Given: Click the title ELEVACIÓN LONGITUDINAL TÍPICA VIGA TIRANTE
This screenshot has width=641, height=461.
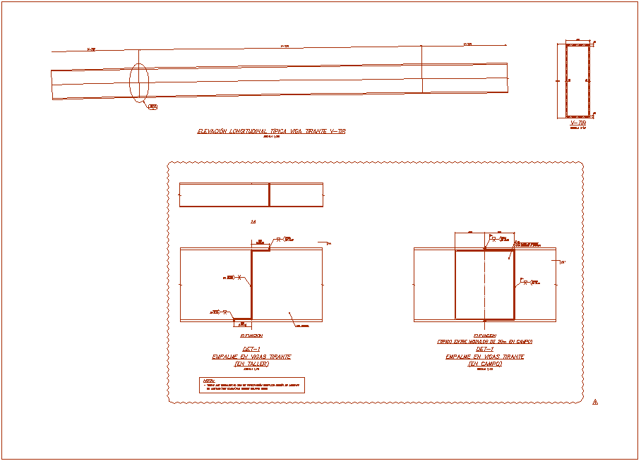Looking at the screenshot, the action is (x=271, y=131).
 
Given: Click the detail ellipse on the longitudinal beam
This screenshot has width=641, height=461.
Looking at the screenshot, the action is (x=139, y=82).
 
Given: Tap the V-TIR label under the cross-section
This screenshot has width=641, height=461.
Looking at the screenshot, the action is (x=578, y=123).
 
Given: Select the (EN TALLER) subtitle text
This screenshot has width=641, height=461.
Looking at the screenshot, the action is (x=251, y=364).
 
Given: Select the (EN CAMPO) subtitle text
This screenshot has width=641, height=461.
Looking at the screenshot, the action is (x=485, y=364).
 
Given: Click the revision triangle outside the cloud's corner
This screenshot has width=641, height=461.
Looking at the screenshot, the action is (x=595, y=402).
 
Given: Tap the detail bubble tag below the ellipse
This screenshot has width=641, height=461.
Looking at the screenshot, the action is (x=152, y=107).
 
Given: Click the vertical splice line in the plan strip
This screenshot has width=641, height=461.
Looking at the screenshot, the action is (x=269, y=195).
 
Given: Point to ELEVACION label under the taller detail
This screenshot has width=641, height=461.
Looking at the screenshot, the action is (x=251, y=336).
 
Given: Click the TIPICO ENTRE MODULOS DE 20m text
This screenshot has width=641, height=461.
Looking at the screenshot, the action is (x=485, y=341).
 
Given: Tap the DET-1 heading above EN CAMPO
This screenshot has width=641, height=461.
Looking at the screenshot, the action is (x=485, y=350).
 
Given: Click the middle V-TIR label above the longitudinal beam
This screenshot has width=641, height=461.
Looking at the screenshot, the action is (x=285, y=47).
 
